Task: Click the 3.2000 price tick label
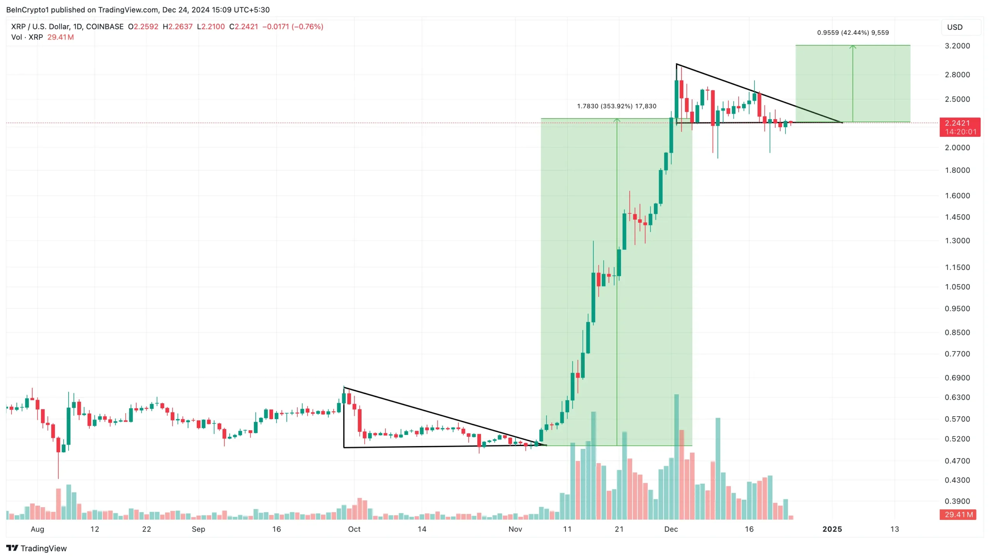pos(957,46)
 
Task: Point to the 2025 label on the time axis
pos(831,529)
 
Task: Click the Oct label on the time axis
pos(354,529)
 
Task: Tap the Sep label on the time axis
pos(198,529)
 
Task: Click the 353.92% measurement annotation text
pos(616,106)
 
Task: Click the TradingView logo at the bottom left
pos(36,548)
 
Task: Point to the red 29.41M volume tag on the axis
pos(958,514)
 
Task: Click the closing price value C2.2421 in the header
pos(243,27)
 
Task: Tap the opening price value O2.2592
pos(143,27)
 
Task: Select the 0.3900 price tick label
pos(957,501)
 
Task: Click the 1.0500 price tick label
pos(957,287)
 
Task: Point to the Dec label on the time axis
pos(671,529)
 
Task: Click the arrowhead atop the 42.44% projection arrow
pos(852,47)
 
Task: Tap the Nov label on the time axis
pos(515,529)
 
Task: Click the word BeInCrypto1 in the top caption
pos(27,10)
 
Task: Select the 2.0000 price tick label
pos(957,148)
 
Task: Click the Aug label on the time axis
pos(38,529)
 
